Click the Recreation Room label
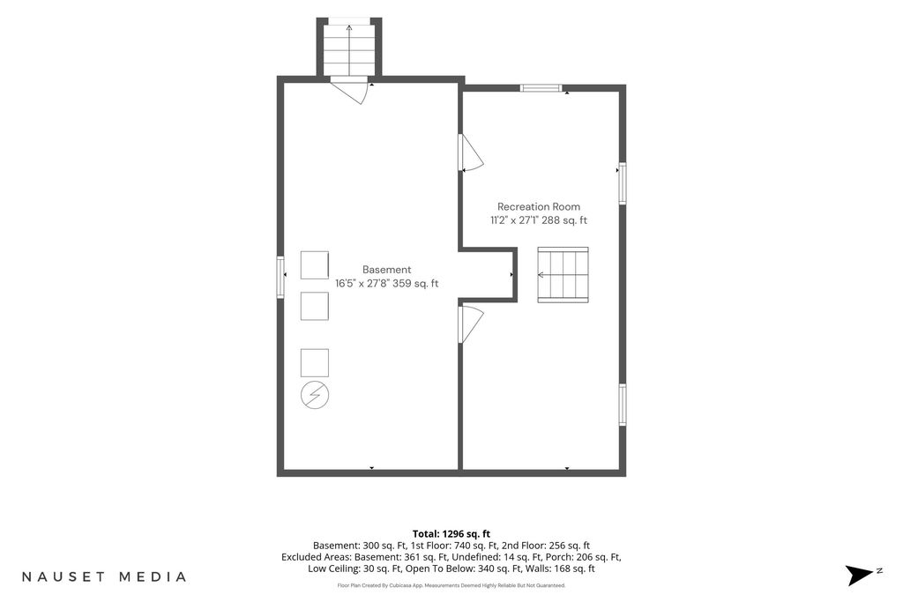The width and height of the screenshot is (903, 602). (x=539, y=206)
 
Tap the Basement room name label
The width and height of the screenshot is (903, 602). (x=386, y=270)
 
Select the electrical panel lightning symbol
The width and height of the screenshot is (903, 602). (x=315, y=396)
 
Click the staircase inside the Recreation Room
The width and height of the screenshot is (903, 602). (x=563, y=274)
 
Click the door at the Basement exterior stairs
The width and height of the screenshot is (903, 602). (x=349, y=91)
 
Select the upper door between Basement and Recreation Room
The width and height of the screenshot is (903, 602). (x=471, y=152)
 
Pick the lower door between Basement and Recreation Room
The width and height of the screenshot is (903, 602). (x=471, y=324)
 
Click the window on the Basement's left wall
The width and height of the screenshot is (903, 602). (x=280, y=277)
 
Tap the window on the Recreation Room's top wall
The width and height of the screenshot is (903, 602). (x=541, y=88)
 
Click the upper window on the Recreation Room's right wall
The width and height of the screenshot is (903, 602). (x=623, y=183)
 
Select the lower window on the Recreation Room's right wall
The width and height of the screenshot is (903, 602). (x=623, y=405)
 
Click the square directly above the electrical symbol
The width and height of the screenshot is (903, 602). (x=315, y=363)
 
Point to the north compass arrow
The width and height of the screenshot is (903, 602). (x=859, y=575)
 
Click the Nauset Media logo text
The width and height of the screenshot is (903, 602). (x=104, y=576)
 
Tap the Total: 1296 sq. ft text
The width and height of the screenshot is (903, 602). (x=451, y=534)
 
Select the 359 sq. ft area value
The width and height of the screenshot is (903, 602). (x=415, y=283)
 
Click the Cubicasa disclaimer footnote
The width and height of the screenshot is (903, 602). (x=451, y=585)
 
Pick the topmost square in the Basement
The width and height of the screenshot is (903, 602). (x=315, y=265)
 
